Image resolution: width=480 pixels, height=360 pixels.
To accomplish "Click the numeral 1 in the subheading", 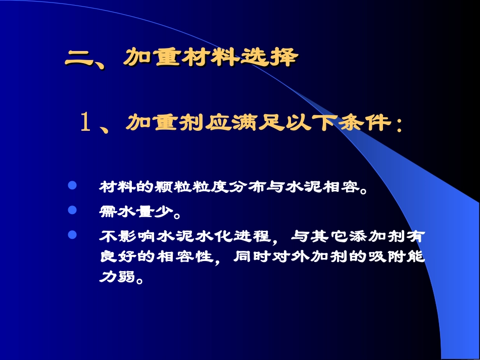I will [85, 123].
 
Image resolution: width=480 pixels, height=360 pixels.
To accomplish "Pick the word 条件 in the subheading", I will [359, 123].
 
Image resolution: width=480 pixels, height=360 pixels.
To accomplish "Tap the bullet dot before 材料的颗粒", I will [72, 186].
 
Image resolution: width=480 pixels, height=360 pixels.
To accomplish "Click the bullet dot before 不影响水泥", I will [72, 235].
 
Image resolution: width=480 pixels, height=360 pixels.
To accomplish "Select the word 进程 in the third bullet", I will [255, 236].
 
